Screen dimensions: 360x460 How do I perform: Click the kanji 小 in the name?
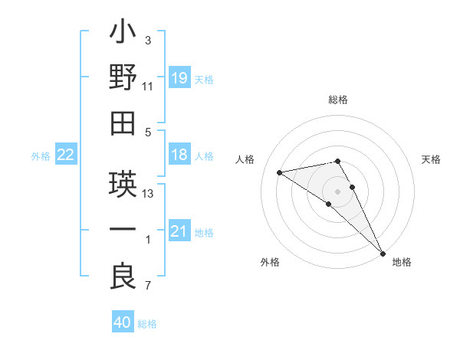click(x=123, y=34)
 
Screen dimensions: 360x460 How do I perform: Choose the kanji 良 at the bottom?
click(x=123, y=275)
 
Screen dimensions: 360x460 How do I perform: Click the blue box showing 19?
click(x=179, y=78)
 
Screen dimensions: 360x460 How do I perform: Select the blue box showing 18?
click(x=179, y=155)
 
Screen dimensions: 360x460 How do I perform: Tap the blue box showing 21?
click(x=179, y=231)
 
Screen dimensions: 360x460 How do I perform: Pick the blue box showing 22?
click(x=65, y=155)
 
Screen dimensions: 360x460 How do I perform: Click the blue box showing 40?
click(x=123, y=323)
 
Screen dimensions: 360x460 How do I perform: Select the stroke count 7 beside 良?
click(x=147, y=286)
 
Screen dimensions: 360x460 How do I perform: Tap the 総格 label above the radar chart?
click(x=338, y=100)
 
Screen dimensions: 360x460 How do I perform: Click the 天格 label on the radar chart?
click(x=431, y=159)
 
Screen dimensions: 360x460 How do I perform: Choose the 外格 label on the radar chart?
click(x=270, y=263)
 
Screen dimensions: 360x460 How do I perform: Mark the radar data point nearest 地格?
click(x=382, y=253)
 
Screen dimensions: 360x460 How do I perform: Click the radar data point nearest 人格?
click(x=280, y=172)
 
